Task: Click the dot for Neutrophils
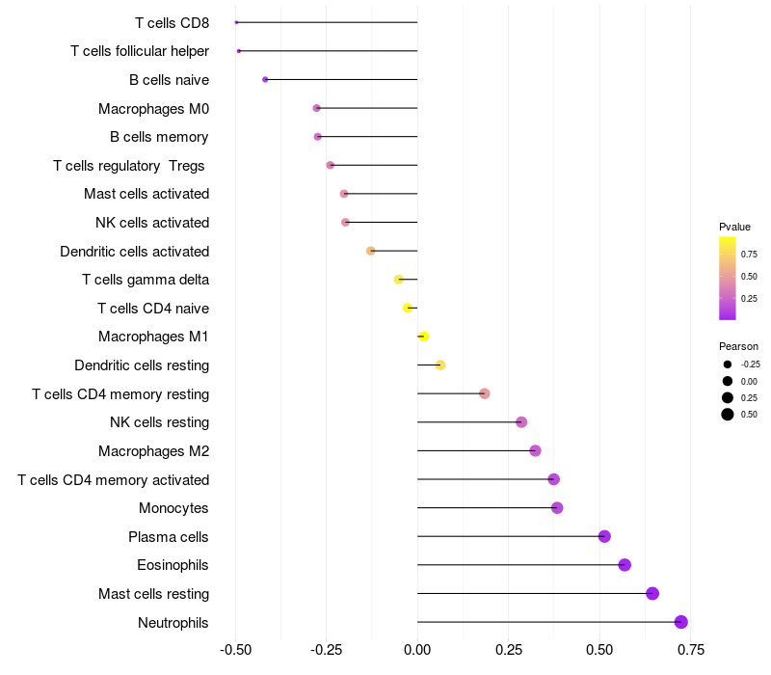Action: (x=681, y=622)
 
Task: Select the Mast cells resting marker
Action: (x=652, y=593)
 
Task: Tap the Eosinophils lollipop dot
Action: (x=625, y=565)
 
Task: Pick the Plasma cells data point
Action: (x=604, y=536)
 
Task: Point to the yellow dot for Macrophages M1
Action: (x=423, y=337)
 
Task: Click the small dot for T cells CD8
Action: (x=236, y=22)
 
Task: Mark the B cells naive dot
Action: (x=265, y=79)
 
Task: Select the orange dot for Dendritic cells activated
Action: (x=371, y=251)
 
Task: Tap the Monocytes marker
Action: (x=557, y=508)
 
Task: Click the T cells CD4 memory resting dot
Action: (x=485, y=393)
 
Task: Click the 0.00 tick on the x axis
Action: (x=417, y=649)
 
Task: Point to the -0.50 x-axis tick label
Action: (x=235, y=649)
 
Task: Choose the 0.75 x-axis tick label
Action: (x=690, y=649)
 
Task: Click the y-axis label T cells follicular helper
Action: (x=140, y=51)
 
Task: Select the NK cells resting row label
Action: (x=159, y=422)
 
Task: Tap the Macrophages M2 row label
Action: (x=153, y=450)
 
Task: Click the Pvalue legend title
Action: (x=734, y=227)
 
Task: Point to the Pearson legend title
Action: (x=738, y=346)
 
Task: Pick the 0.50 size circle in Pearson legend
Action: (x=728, y=415)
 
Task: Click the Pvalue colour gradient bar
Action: (x=728, y=278)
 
